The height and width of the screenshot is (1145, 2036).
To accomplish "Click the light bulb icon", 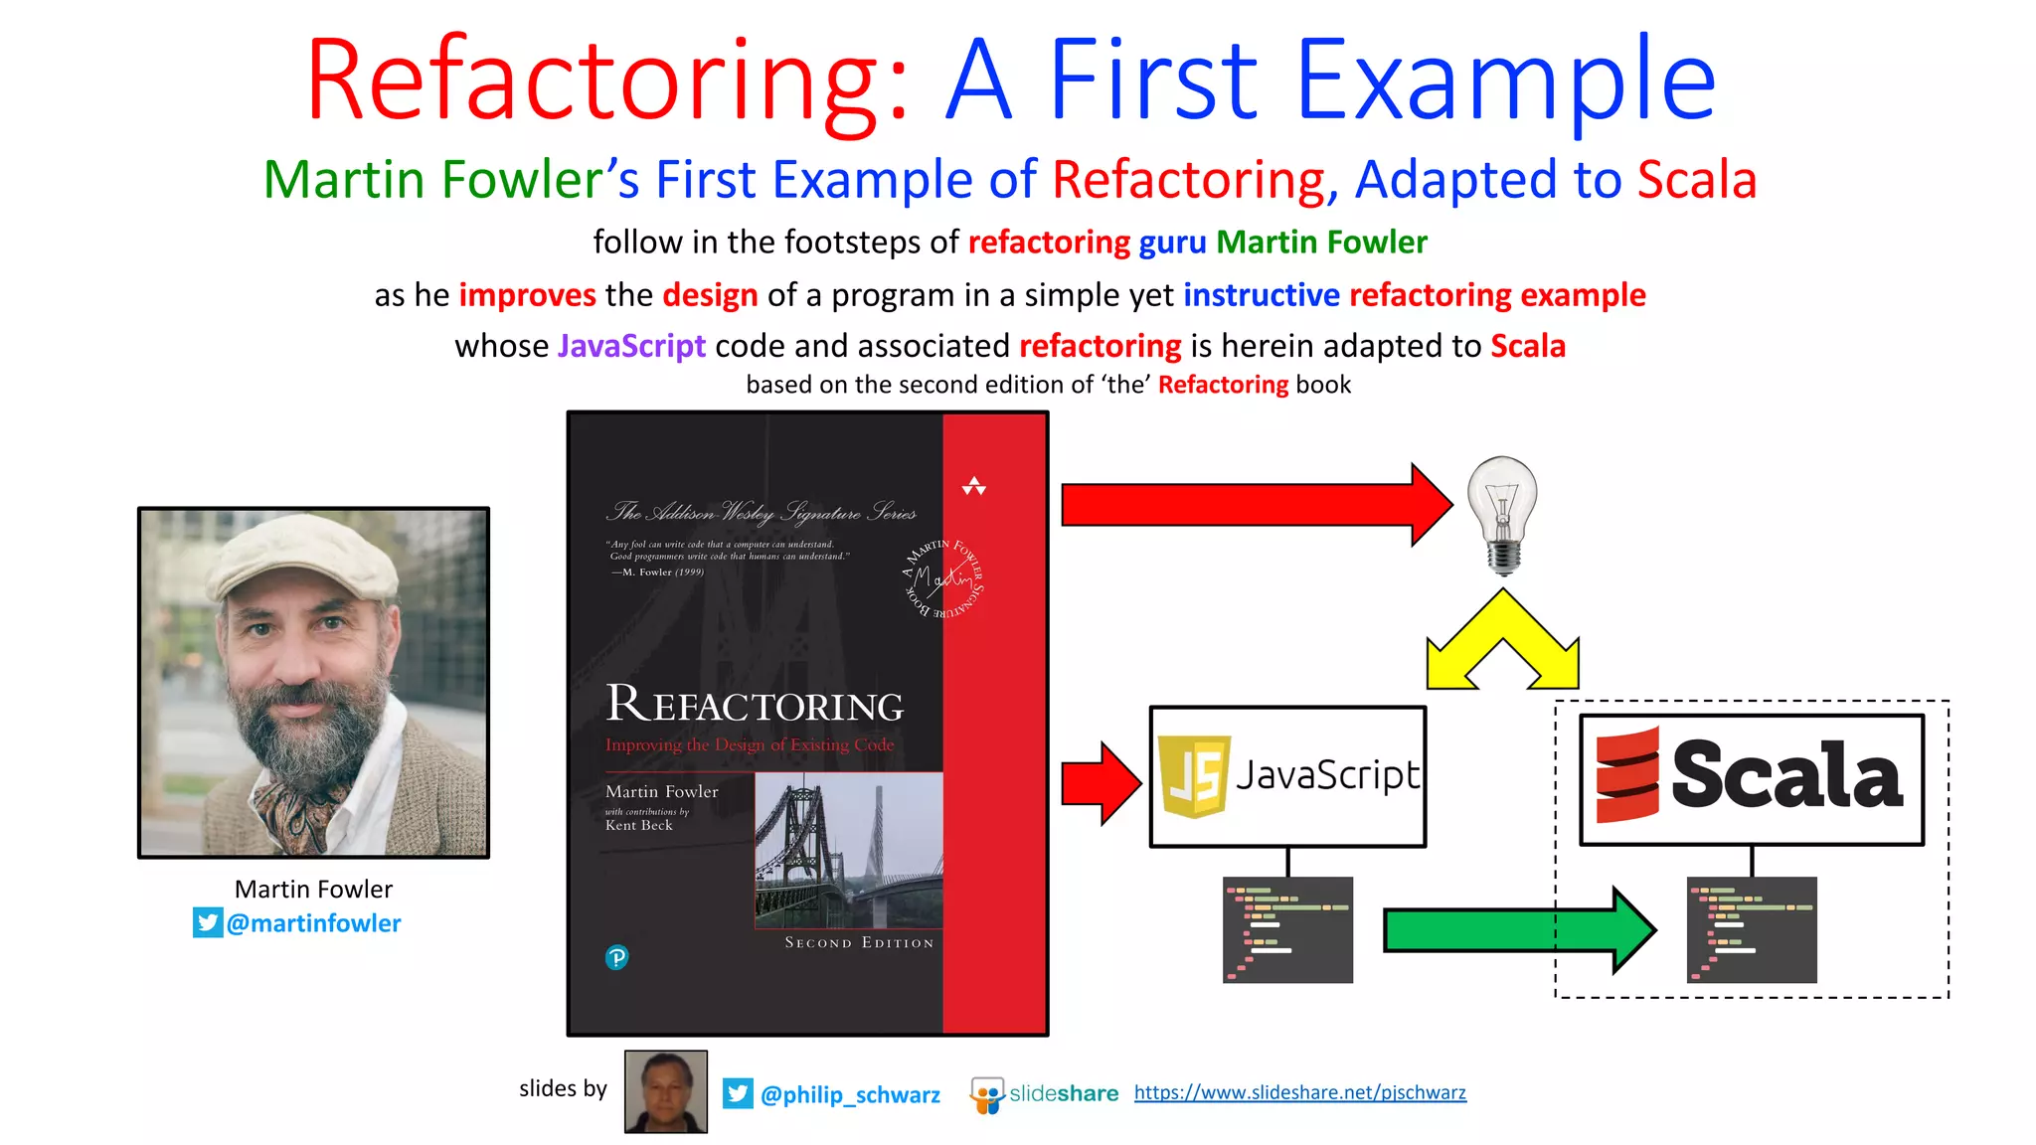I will pyautogui.click(x=1502, y=512).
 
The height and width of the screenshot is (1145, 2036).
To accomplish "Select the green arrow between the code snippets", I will pyautogui.click(x=1511, y=930).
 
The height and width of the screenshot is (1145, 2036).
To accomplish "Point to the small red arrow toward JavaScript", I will pyautogui.click(x=1099, y=783).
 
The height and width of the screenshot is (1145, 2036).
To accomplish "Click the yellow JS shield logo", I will pyautogui.click(x=1195, y=776).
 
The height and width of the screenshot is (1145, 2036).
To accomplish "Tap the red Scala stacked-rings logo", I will pyautogui.click(x=1627, y=775).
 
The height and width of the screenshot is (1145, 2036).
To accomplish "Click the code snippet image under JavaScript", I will pyautogui.click(x=1287, y=929).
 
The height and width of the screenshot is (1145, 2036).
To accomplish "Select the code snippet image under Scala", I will pyautogui.click(x=1752, y=929).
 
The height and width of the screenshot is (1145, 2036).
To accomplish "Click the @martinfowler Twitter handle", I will pyautogui.click(x=313, y=923).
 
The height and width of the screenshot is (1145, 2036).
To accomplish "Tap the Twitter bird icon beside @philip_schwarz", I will pyautogui.click(x=738, y=1093).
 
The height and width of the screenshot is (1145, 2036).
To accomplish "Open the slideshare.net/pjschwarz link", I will pyautogui.click(x=1299, y=1092).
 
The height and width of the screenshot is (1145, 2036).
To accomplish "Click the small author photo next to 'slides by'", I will pyautogui.click(x=665, y=1091).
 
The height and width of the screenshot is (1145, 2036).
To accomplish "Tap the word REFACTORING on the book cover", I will pyautogui.click(x=755, y=705).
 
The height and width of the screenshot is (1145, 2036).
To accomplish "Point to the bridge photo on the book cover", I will pyautogui.click(x=848, y=850).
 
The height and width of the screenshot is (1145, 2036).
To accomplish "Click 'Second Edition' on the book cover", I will pyautogui.click(x=859, y=942).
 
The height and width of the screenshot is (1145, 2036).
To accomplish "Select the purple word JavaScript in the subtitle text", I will pyautogui.click(x=631, y=346).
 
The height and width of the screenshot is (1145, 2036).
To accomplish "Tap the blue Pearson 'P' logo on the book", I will pyautogui.click(x=616, y=957).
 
